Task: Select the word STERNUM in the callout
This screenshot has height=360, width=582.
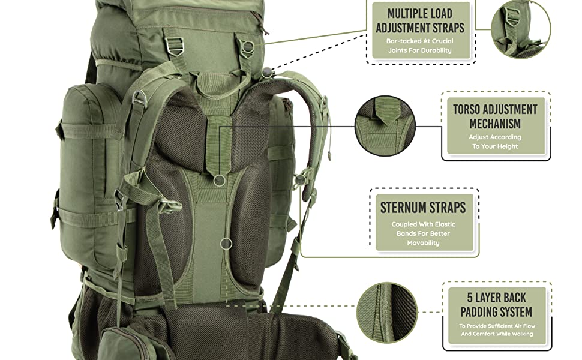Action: click(x=401, y=208)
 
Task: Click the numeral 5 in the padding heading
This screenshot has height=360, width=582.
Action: click(x=470, y=298)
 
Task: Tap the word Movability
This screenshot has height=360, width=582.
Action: click(x=423, y=243)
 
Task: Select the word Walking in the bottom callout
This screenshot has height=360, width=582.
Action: click(x=522, y=334)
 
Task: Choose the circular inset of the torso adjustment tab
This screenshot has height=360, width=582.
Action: click(x=385, y=126)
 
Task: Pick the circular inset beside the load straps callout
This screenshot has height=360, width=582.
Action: click(x=521, y=29)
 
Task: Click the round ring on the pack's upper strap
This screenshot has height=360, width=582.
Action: click(x=248, y=47)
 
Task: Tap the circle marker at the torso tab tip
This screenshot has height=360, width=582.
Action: click(x=220, y=181)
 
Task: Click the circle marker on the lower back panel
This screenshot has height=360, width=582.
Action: click(x=226, y=244)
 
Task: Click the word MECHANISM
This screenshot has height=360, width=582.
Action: click(x=495, y=124)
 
